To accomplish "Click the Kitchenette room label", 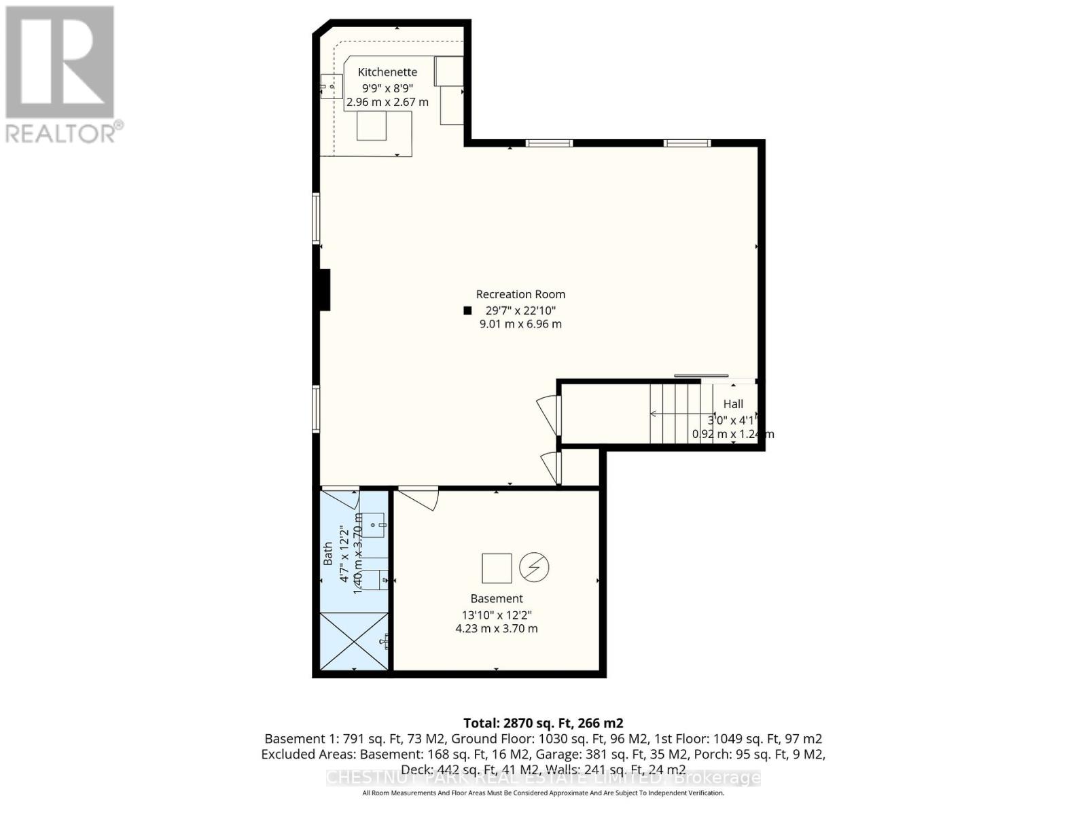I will click(387, 72).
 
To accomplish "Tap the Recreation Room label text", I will click(520, 294).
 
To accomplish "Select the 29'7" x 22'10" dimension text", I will click(520, 310).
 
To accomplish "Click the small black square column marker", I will click(467, 310).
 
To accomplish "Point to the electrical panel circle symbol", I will click(535, 568).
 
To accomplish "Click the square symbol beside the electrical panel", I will click(497, 568).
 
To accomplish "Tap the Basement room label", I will click(497, 598).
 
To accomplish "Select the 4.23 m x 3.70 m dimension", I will click(497, 628).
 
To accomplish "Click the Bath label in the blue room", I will click(328, 554).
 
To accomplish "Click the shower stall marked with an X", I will click(354, 640).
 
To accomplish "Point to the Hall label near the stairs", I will click(733, 403).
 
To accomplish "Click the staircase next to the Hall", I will click(674, 413).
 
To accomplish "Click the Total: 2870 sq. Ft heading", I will click(543, 723).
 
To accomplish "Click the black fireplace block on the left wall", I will click(325, 290).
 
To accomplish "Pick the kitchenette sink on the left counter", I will click(331, 86).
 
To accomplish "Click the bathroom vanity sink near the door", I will click(374, 524).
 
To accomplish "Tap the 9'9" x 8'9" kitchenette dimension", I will click(387, 88).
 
